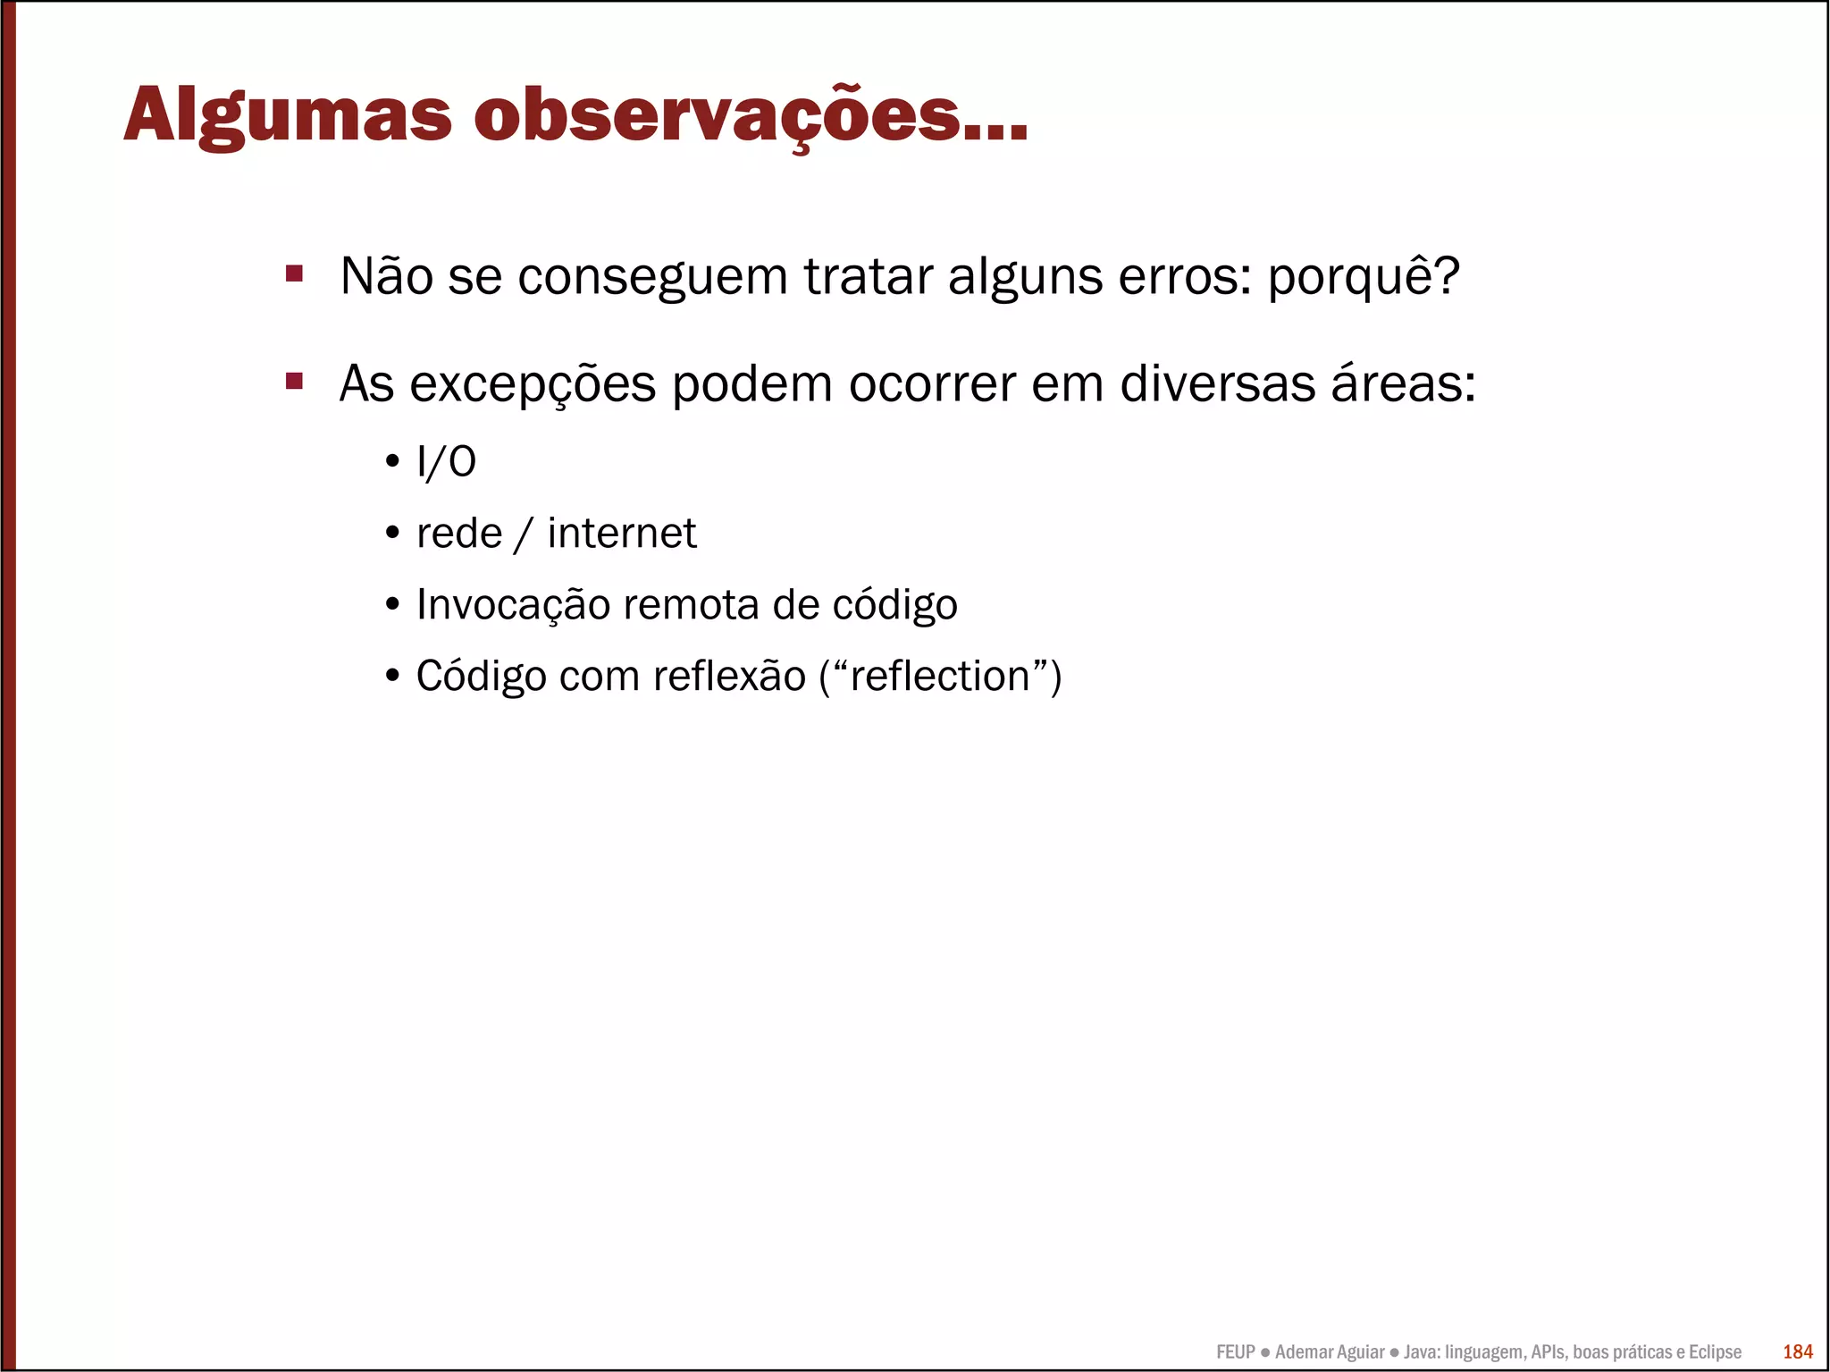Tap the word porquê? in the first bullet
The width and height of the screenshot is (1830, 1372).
pyautogui.click(x=1364, y=277)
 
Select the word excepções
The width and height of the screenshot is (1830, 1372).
pyautogui.click(x=533, y=385)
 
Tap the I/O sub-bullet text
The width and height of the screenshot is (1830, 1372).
pyautogui.click(x=446, y=462)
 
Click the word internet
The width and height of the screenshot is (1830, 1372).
pyautogui.click(x=621, y=534)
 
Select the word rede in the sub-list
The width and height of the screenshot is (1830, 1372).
pyautogui.click(x=459, y=534)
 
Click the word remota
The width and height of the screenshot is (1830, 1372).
pyautogui.click(x=691, y=605)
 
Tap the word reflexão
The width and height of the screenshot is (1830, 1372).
pyautogui.click(x=729, y=677)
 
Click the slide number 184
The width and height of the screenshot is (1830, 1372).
pyautogui.click(x=1797, y=1351)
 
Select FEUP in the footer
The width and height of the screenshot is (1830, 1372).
pyautogui.click(x=1235, y=1352)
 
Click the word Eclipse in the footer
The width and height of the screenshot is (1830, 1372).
pyautogui.click(x=1714, y=1352)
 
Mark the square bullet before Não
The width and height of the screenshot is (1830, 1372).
pyautogui.click(x=294, y=274)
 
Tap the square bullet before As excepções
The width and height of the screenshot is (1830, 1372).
pyautogui.click(x=294, y=382)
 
